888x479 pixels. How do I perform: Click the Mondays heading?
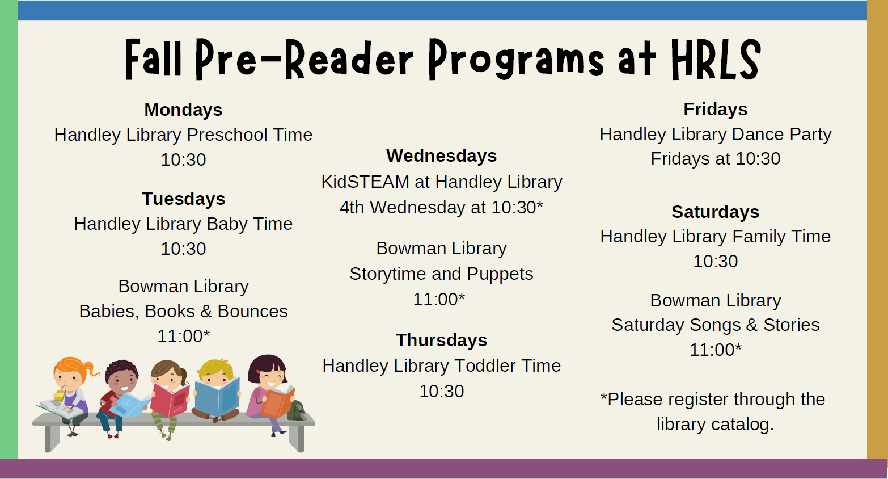183,110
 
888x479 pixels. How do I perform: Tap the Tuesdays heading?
184,199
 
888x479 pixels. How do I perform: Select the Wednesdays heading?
441,156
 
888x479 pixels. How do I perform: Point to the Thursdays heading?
441,340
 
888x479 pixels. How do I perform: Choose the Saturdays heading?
715,212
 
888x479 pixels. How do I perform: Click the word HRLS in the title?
716,60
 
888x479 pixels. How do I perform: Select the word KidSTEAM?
365,182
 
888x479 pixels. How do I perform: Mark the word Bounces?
252,312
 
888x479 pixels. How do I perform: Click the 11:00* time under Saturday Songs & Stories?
716,350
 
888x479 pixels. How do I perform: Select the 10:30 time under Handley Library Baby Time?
183,249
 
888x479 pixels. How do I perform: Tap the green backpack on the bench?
296,410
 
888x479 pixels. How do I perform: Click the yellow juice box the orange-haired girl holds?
60,395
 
